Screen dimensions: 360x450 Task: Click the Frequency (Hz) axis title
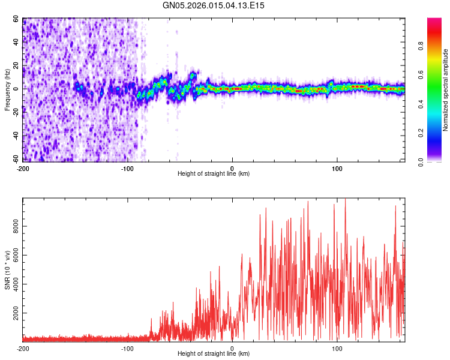(x=7, y=90)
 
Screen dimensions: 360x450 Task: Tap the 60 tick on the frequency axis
(x=16, y=19)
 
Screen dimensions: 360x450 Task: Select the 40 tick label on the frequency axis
(x=16, y=43)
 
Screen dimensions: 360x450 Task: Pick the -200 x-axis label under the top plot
(x=23, y=168)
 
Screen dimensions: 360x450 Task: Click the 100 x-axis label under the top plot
(x=337, y=168)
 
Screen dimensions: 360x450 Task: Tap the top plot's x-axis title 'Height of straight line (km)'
(x=214, y=174)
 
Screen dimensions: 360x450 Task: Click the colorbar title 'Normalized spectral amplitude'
(x=445, y=90)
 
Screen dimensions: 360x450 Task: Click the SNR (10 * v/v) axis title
(x=7, y=270)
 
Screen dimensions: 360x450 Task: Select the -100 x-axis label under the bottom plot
(x=127, y=348)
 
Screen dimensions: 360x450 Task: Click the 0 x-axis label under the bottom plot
(x=232, y=348)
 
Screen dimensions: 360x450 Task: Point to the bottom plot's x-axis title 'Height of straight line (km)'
(x=214, y=354)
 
